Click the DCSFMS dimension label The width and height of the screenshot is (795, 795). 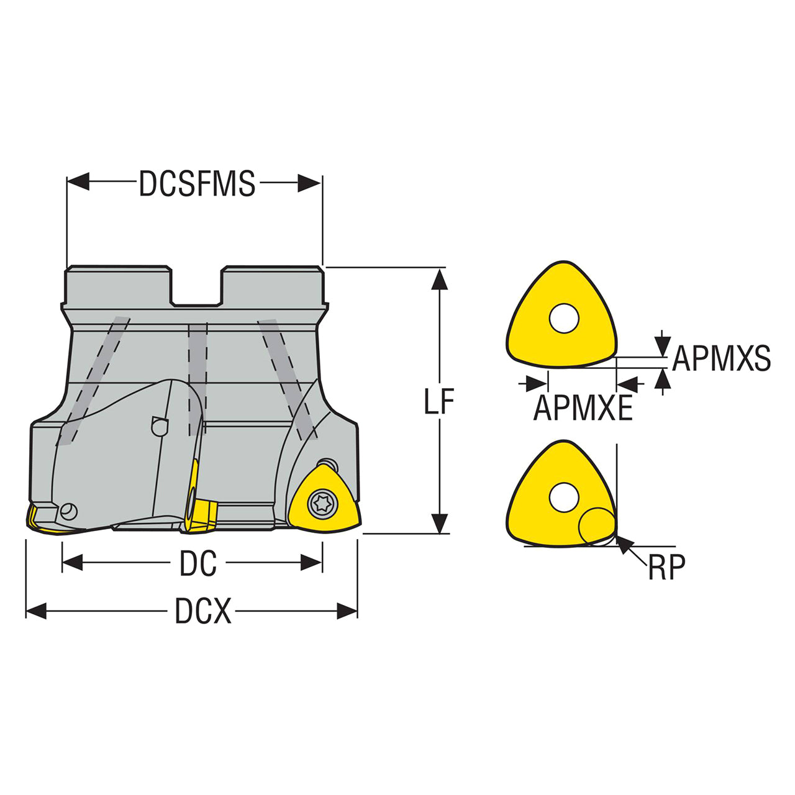tap(198, 183)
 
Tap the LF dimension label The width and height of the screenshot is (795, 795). tap(439, 401)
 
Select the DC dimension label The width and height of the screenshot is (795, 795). tap(198, 563)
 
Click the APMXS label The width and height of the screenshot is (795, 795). tap(721, 358)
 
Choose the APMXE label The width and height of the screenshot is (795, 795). tap(583, 407)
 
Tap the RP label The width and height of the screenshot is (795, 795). tap(666, 567)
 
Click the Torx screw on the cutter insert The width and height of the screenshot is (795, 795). tap(322, 504)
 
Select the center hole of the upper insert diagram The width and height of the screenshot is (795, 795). tap(565, 319)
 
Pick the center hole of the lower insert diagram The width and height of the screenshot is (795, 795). tap(564, 497)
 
